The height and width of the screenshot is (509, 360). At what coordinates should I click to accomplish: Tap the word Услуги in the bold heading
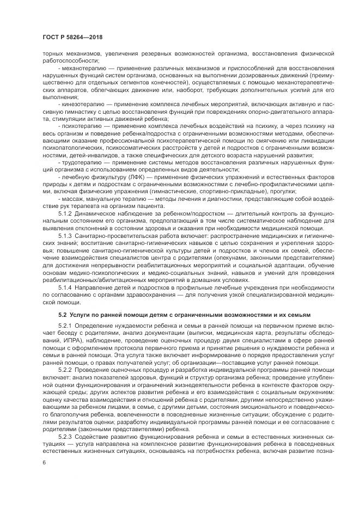point(82,315)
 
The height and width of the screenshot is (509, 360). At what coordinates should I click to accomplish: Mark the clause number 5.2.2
point(66,370)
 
